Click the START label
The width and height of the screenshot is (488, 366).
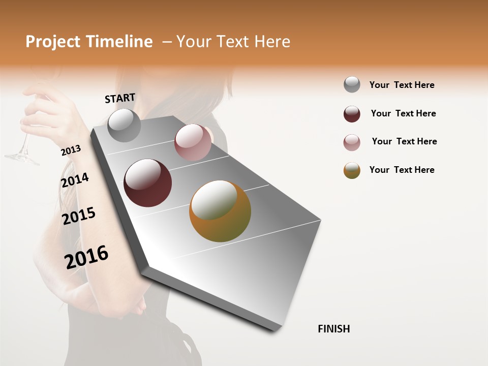[x=120, y=98]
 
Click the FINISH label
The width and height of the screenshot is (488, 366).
[x=334, y=329]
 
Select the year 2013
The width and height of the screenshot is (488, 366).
[x=71, y=150]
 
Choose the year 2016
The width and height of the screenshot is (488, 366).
[x=86, y=257]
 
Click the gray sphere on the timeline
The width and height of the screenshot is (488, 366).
[x=125, y=125]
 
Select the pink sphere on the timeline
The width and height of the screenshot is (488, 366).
[x=193, y=142]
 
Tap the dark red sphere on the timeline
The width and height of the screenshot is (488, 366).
[x=148, y=183]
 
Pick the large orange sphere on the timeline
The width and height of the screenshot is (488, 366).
[x=220, y=211]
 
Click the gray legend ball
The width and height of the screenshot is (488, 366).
[x=352, y=84]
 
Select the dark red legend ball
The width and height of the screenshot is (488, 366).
[x=352, y=114]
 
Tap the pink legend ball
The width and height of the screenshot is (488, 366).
[x=352, y=142]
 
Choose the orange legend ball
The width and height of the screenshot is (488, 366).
[x=352, y=170]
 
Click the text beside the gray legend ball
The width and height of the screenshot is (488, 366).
[x=402, y=85]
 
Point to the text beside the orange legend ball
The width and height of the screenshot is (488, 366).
[x=402, y=170]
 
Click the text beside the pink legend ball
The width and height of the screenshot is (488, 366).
[x=404, y=141]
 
